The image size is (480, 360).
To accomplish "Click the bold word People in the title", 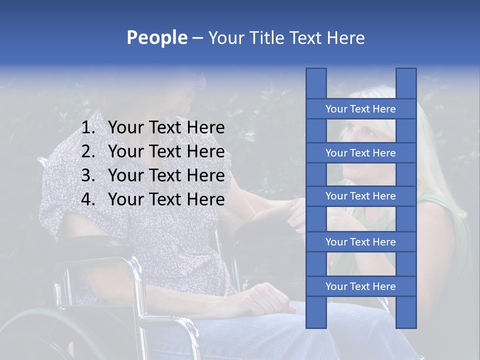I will pyautogui.click(x=156, y=37).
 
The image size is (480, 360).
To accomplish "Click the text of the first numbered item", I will pyautogui.click(x=166, y=128).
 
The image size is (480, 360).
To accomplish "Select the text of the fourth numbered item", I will pyautogui.click(x=166, y=199).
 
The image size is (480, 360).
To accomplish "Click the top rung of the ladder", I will pyautogui.click(x=360, y=109).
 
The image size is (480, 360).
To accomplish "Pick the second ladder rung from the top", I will pyautogui.click(x=360, y=153).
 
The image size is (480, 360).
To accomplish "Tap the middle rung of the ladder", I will pyautogui.click(x=360, y=196).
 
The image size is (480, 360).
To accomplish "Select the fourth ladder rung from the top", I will pyautogui.click(x=360, y=242).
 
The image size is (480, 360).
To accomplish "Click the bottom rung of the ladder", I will pyautogui.click(x=360, y=286).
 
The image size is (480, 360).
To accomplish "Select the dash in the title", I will pyautogui.click(x=197, y=38).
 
